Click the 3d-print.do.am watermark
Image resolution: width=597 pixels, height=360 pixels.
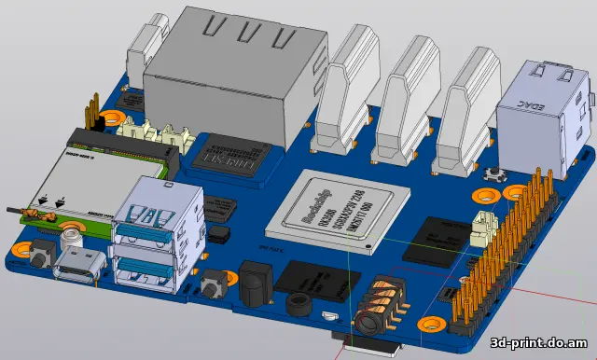539,343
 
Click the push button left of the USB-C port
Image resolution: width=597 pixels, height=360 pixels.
42,251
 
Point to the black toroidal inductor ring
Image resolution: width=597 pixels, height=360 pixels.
298,305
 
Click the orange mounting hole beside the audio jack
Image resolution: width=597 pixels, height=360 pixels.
430,325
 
